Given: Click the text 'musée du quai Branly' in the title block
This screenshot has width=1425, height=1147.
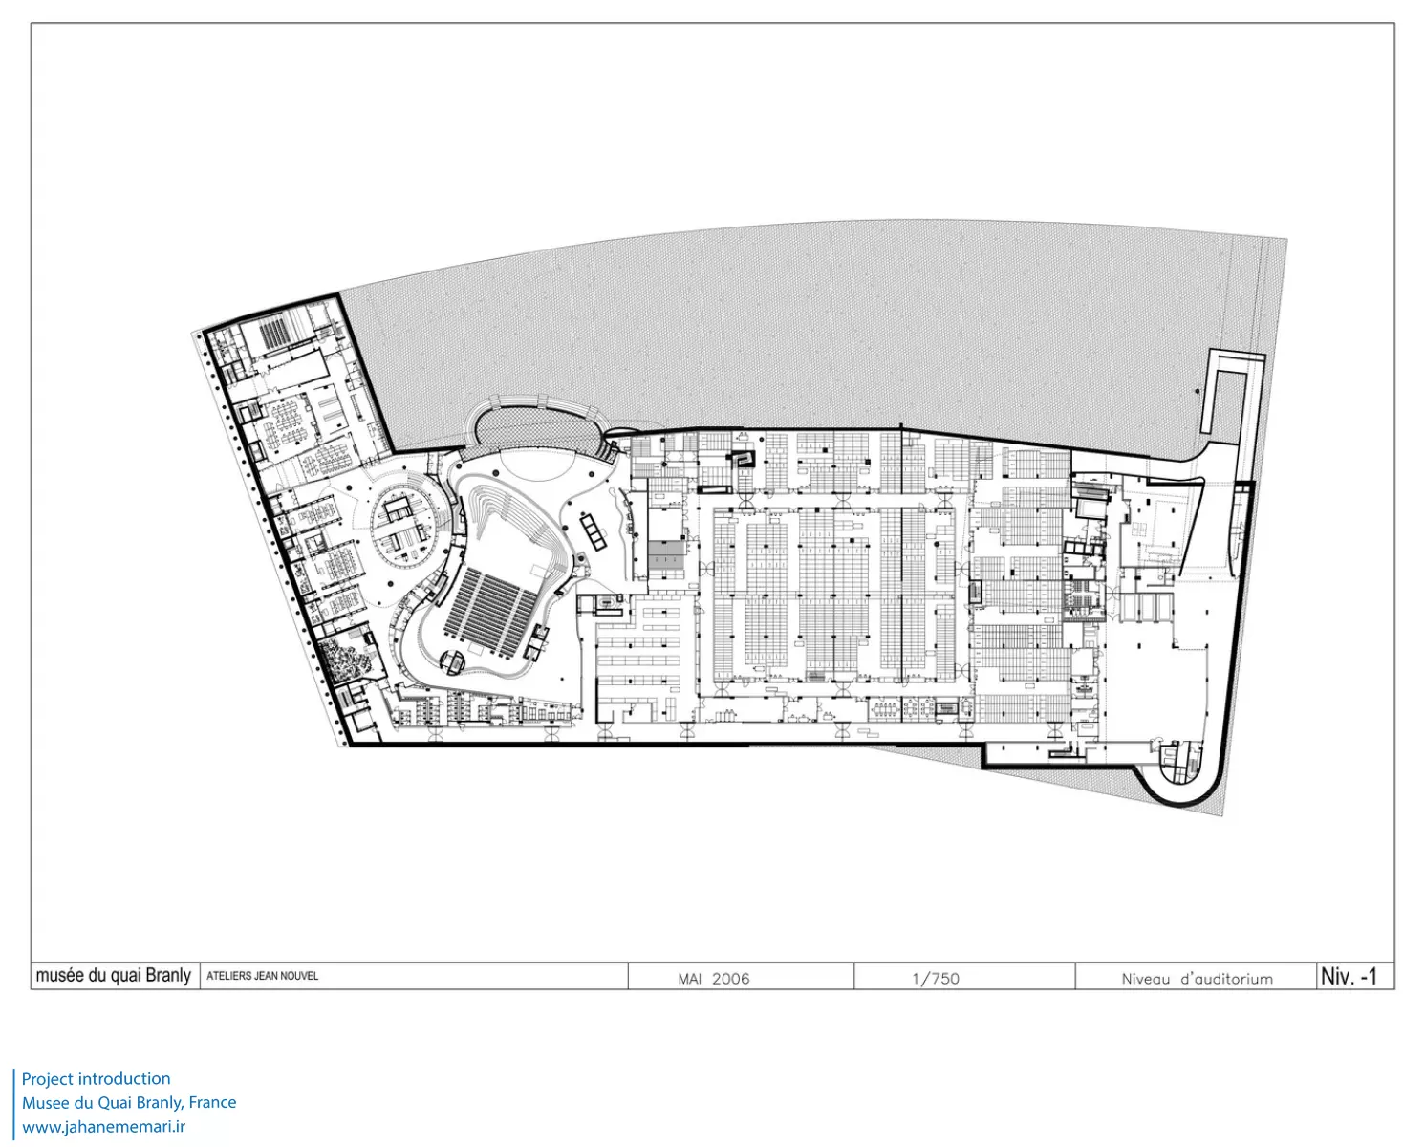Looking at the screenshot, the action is (x=113, y=976).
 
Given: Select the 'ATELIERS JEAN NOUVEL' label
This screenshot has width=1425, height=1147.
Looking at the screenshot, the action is (x=262, y=976).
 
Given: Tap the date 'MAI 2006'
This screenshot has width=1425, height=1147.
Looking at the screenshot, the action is (x=714, y=979).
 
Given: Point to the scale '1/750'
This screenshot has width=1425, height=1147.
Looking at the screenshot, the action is (x=936, y=979).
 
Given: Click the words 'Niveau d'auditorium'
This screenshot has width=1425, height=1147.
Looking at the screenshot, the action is (x=1198, y=979).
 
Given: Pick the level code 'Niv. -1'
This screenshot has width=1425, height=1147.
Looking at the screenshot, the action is (x=1349, y=976).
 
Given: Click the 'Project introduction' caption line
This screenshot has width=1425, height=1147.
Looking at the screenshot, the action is (x=96, y=1079).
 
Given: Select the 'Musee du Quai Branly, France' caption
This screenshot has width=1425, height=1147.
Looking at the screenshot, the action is (x=129, y=1103).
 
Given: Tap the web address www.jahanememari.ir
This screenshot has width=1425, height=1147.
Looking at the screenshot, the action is (x=104, y=1127).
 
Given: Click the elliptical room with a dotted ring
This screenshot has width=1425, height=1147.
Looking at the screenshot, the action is (x=406, y=532).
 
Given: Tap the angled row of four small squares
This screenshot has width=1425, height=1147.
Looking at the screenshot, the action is (x=593, y=530).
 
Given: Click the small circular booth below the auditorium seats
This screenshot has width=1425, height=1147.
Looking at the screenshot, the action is (x=454, y=660).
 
